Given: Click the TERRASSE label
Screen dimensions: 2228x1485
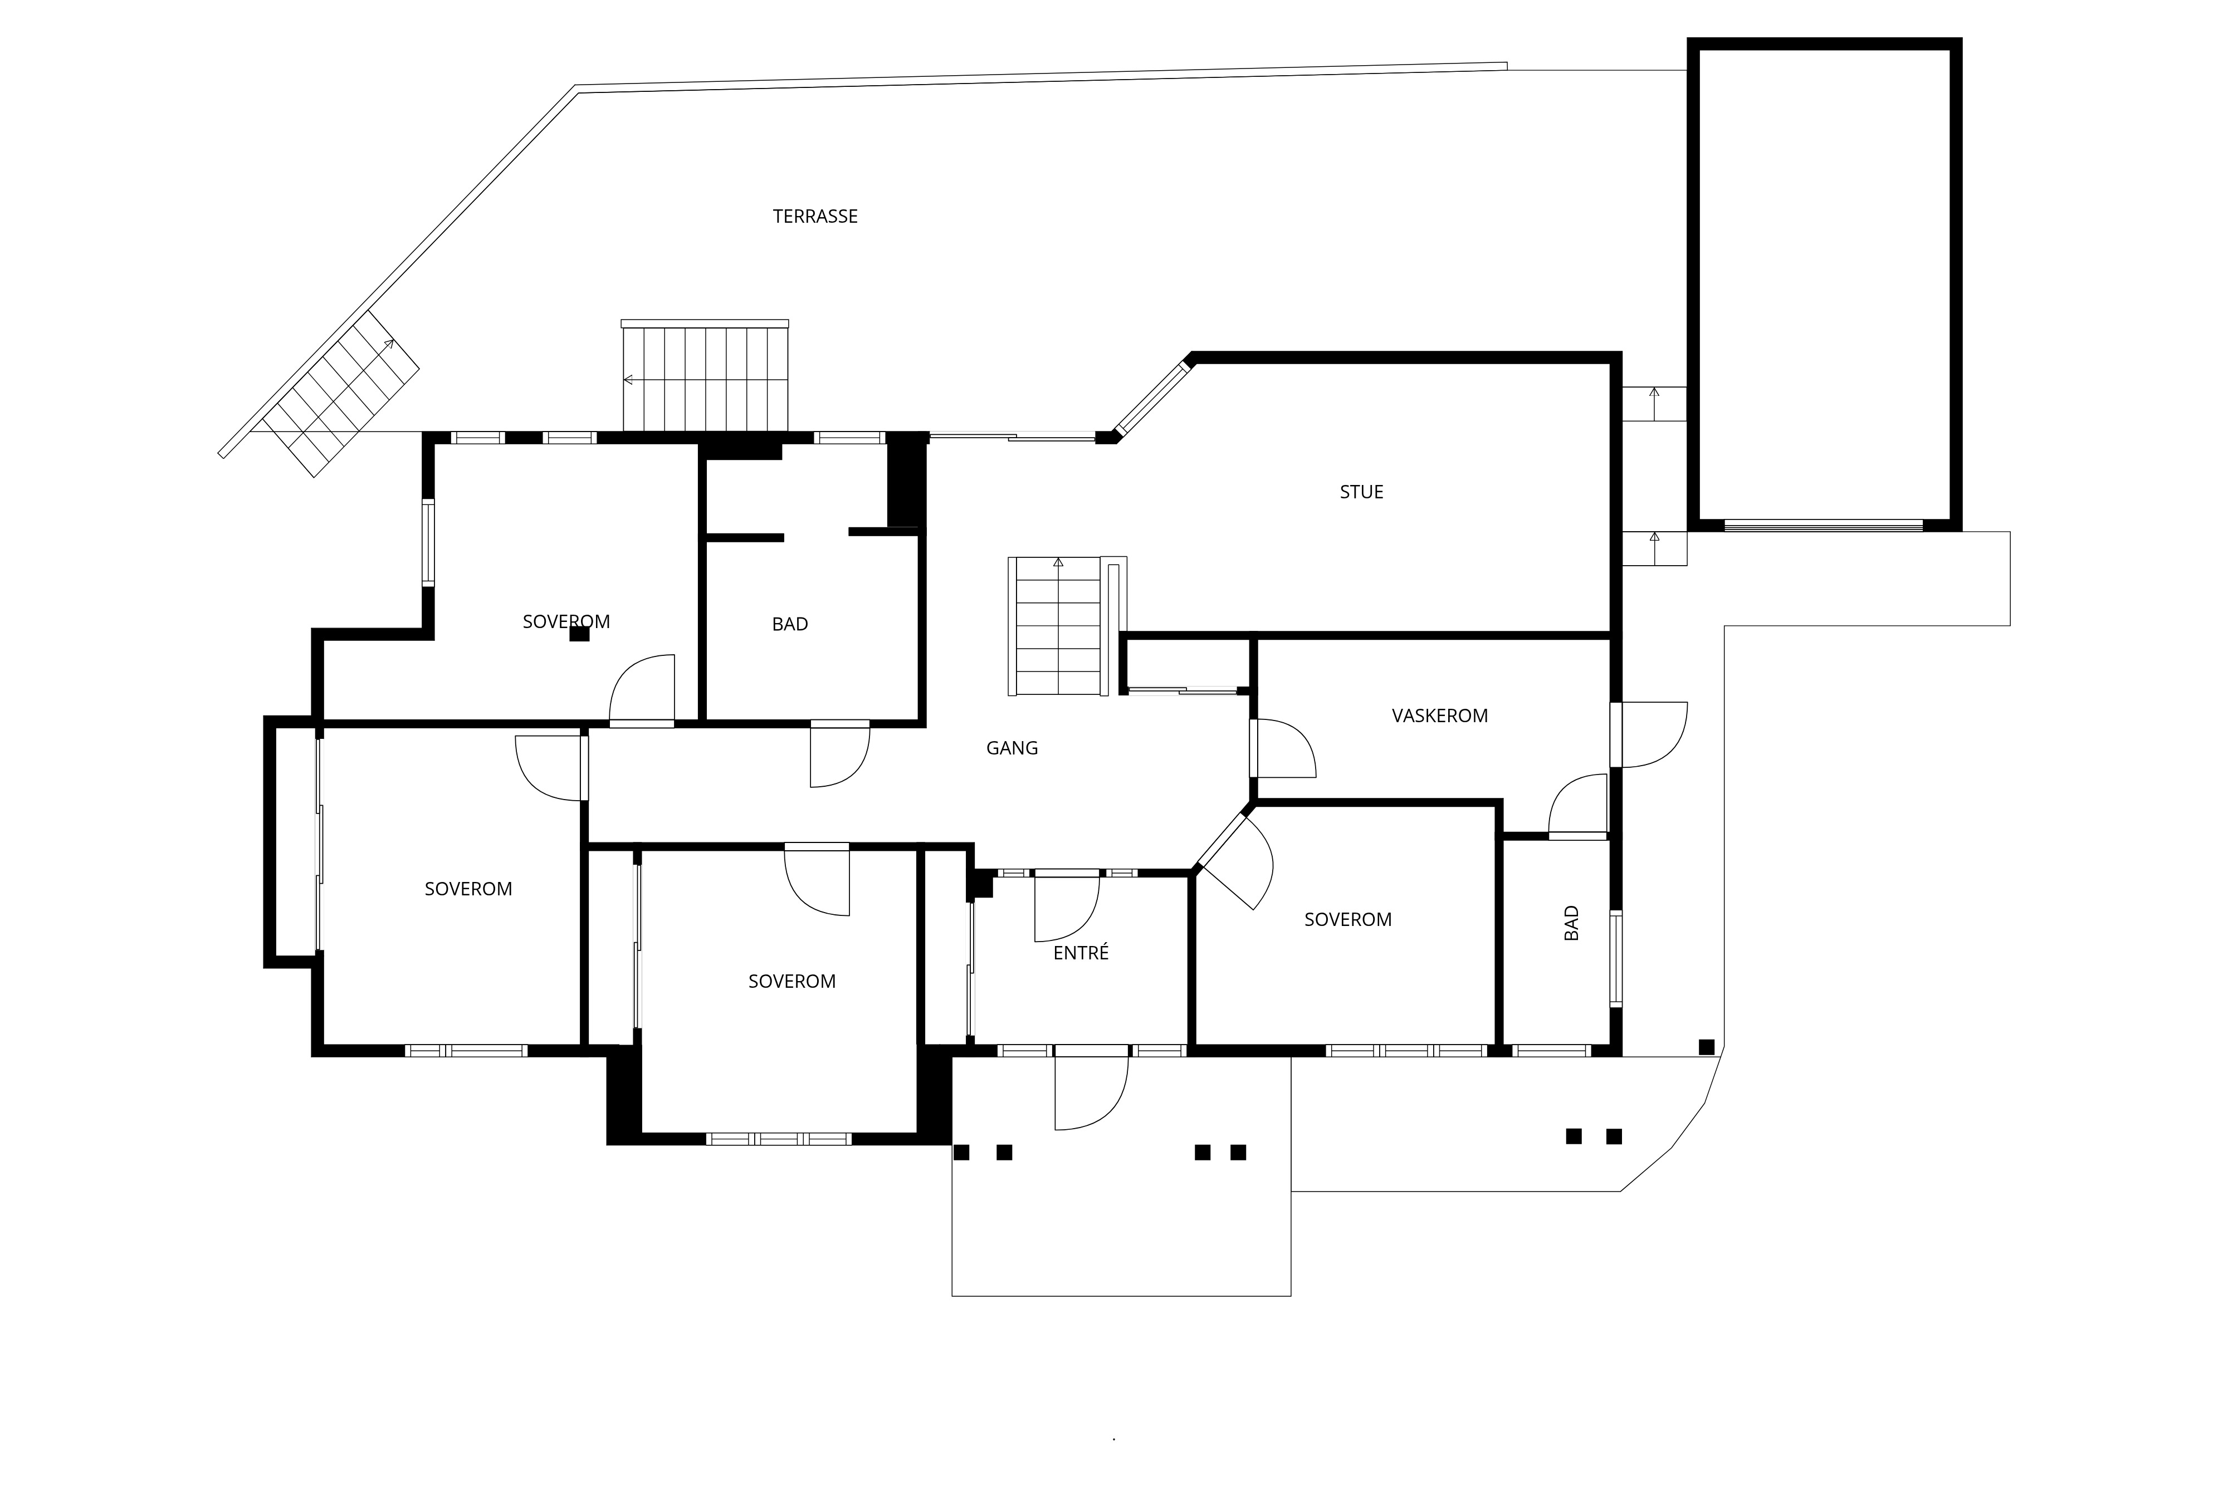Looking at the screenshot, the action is tap(815, 216).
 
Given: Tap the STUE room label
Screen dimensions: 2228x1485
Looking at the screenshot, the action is tap(1361, 492).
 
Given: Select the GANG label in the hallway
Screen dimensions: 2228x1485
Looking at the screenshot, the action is tap(1012, 748).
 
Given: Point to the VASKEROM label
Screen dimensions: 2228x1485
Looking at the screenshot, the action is tap(1439, 716).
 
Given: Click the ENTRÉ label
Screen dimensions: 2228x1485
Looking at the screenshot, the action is tap(1081, 953).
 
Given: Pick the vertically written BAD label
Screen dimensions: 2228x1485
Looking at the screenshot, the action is tap(1571, 923).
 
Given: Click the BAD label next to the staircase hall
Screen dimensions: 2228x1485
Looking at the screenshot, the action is tap(790, 624).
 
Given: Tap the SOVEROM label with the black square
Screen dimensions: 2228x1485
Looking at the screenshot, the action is tap(566, 621).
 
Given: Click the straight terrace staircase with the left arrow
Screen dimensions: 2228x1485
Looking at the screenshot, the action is tap(705, 376).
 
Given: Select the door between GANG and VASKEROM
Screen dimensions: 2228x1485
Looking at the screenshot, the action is tap(1283, 748).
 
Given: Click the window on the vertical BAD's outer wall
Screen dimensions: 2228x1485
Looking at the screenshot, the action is tap(1616, 958).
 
